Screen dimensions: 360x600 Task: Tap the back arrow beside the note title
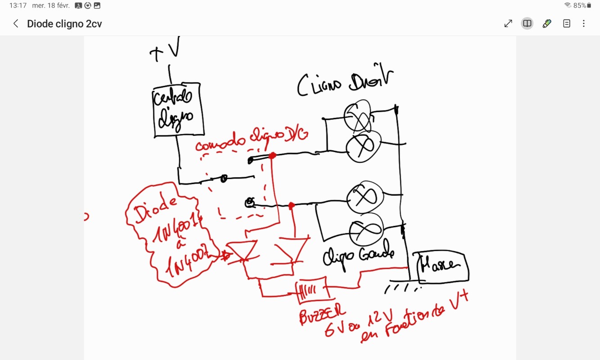16,24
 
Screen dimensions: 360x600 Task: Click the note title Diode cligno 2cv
64,24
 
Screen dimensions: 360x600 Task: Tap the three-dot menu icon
584,24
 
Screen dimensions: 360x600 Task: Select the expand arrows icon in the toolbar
508,24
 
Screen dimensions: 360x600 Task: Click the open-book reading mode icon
527,24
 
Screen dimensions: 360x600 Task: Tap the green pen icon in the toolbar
547,24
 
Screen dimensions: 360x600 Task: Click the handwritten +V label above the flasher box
164,50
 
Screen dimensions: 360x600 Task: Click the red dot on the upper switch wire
272,156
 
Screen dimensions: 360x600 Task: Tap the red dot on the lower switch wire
292,206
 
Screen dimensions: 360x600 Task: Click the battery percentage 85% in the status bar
579,6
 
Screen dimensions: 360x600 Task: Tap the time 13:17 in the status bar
18,6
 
